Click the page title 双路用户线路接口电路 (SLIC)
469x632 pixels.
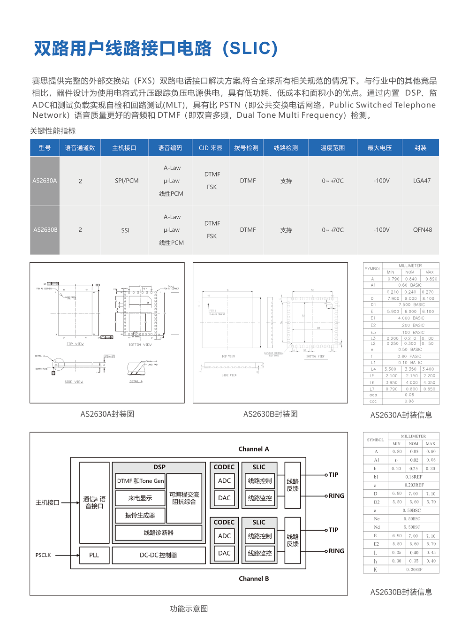pyautogui.click(x=156, y=48)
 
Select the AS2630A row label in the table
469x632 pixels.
pyautogui.click(x=45, y=181)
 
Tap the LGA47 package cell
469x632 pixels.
pyautogui.click(x=422, y=181)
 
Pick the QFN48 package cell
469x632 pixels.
pyautogui.click(x=422, y=230)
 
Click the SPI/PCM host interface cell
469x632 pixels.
pyautogui.click(x=127, y=181)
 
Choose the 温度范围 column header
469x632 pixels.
pyautogui.click(x=333, y=148)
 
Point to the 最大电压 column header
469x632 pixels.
pyautogui.click(x=379, y=148)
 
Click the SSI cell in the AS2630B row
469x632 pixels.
pyautogui.click(x=125, y=230)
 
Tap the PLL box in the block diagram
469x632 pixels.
pyautogui.click(x=94, y=555)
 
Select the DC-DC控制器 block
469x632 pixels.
pyautogui.click(x=159, y=555)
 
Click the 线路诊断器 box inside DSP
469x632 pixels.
pyautogui.click(x=159, y=533)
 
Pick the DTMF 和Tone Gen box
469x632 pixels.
pyautogui.click(x=140, y=481)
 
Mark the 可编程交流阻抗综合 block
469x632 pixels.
pyautogui.click(x=184, y=498)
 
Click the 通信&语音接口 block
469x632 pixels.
pyautogui.click(x=94, y=502)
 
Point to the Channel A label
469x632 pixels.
pyautogui.click(x=254, y=449)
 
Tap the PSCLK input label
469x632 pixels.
pyautogui.click(x=43, y=555)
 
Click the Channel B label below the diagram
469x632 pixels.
pyautogui.click(x=254, y=579)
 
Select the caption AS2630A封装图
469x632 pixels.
pyautogui.click(x=107, y=414)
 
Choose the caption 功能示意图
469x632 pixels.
pyautogui.click(x=189, y=609)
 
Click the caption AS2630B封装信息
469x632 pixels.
pyautogui.click(x=401, y=592)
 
